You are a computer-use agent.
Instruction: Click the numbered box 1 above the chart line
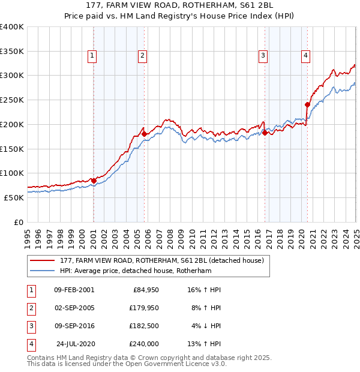tap(92, 56)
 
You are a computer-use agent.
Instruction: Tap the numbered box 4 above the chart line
tap(305, 56)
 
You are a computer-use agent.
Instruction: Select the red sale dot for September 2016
tap(265, 133)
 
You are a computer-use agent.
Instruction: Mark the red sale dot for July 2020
tap(307, 104)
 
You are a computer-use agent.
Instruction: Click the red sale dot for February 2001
tap(94, 180)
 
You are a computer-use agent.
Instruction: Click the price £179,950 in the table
tap(143, 308)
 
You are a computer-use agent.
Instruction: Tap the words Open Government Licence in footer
tap(170, 364)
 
